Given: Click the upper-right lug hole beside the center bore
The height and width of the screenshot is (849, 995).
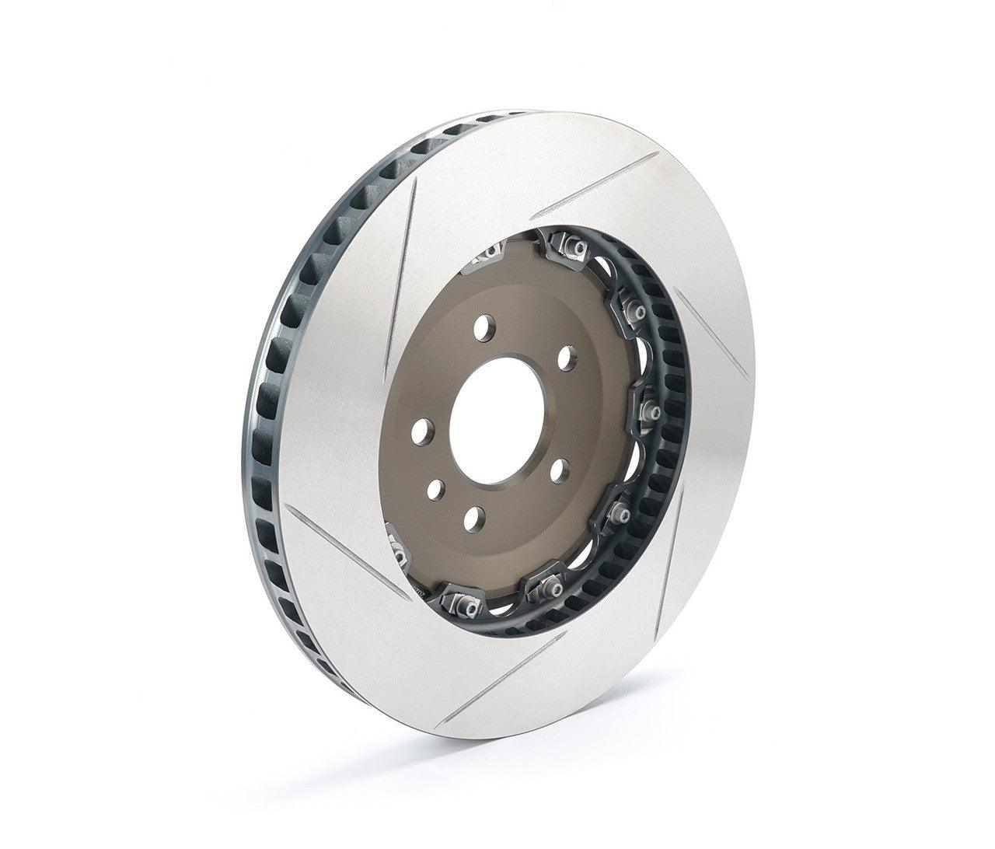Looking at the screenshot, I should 569,358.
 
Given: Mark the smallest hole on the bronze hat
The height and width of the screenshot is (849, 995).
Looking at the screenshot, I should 436,489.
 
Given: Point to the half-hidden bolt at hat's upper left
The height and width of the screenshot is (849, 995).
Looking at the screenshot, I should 491,253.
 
